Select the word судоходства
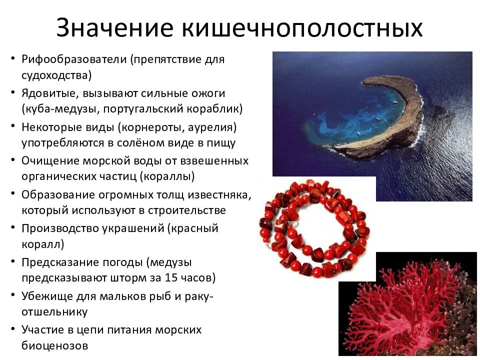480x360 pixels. (x=56, y=75)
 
